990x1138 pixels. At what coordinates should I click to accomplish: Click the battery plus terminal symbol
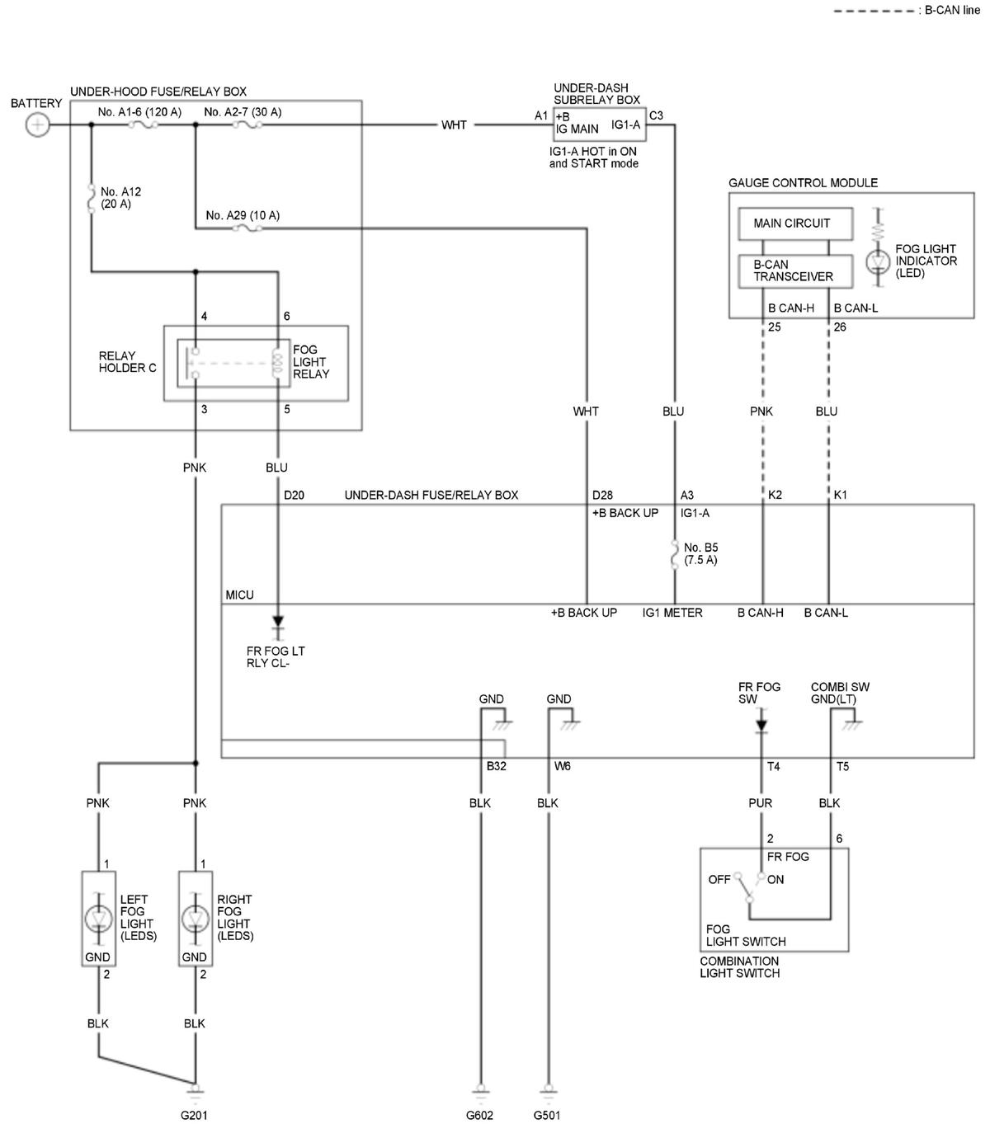click(x=37, y=125)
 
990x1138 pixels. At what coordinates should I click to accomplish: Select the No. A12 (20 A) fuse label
click(x=120, y=197)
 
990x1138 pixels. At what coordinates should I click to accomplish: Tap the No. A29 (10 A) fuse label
click(x=243, y=215)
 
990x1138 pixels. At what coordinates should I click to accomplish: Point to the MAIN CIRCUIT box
click(x=795, y=223)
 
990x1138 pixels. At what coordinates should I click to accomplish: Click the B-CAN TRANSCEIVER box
click(x=795, y=270)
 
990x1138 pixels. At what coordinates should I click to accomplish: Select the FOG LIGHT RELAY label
click(x=311, y=361)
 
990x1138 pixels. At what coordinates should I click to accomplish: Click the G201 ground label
click(x=194, y=1115)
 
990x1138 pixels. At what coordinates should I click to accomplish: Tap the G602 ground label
click(x=479, y=1115)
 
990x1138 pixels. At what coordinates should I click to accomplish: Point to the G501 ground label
click(x=546, y=1115)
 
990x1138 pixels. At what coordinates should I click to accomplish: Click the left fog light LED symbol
click(x=98, y=919)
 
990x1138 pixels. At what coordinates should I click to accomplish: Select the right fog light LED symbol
click(x=196, y=919)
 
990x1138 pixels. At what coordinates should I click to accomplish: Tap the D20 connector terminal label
click(x=294, y=495)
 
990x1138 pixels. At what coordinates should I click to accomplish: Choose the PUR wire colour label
click(x=760, y=803)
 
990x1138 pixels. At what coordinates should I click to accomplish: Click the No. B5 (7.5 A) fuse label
click(x=700, y=553)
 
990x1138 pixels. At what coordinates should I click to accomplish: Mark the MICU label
click(x=239, y=595)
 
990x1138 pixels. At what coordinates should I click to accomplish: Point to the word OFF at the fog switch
click(x=719, y=879)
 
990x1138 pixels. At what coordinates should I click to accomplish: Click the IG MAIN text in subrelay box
click(x=577, y=129)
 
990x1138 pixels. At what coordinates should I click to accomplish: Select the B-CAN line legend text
click(x=952, y=10)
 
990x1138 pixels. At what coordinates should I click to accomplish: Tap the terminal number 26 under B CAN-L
click(x=840, y=327)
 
